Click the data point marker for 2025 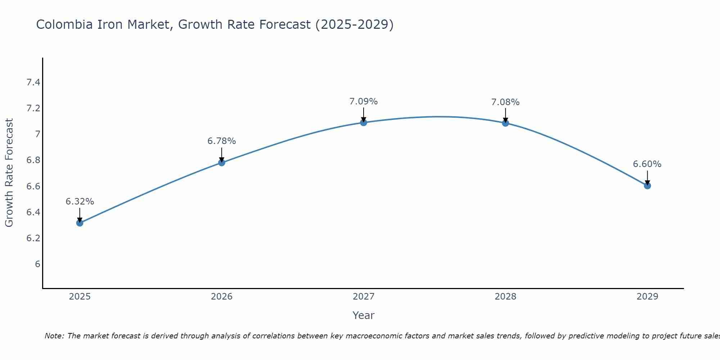coord(80,223)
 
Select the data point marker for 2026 coord(222,163)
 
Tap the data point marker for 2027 coord(364,123)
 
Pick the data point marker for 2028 coord(505,123)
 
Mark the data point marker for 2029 coord(647,186)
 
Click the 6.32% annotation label coord(80,202)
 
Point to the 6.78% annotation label coord(222,141)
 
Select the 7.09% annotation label coord(364,102)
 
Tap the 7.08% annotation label coord(505,102)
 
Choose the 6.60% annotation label coord(647,164)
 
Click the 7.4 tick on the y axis coord(33,83)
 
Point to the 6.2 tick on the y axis coord(33,238)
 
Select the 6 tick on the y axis coord(37,264)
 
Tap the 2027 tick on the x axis coord(364,297)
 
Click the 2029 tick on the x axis coord(647,297)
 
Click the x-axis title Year coord(364,315)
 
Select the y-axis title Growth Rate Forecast coord(9,173)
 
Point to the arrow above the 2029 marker coord(647,177)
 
